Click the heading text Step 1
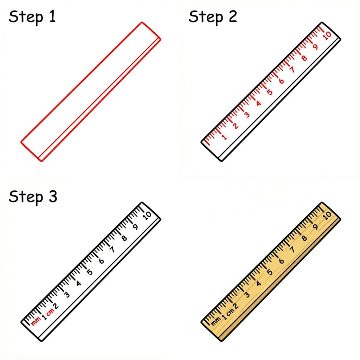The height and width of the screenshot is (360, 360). pyautogui.click(x=32, y=17)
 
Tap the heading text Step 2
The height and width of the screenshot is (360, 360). pyautogui.click(x=213, y=17)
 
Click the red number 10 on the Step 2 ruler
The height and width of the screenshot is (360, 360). pyautogui.click(x=327, y=36)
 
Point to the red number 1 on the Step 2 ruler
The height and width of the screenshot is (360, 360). pyautogui.click(x=225, y=137)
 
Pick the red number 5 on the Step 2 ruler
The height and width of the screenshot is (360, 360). pyautogui.click(x=269, y=92)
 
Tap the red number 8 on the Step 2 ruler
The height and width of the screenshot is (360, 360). pyautogui.click(x=304, y=58)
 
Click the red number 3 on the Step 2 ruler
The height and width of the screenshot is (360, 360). pyautogui.click(x=247, y=115)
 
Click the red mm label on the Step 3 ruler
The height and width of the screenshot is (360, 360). pyautogui.click(x=36, y=322)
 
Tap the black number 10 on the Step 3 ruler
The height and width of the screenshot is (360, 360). pyautogui.click(x=147, y=215)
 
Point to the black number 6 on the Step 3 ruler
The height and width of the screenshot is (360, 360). pyautogui.click(x=102, y=261)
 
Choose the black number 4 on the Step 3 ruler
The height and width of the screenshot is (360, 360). pyautogui.click(x=78, y=283)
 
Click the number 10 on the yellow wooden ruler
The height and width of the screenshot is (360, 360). pyautogui.click(x=327, y=215)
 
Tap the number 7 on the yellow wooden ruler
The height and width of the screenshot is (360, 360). pyautogui.click(x=292, y=250)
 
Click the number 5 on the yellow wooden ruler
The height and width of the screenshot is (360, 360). pyautogui.click(x=269, y=272)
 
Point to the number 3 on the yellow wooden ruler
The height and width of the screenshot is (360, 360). pyautogui.click(x=247, y=294)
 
